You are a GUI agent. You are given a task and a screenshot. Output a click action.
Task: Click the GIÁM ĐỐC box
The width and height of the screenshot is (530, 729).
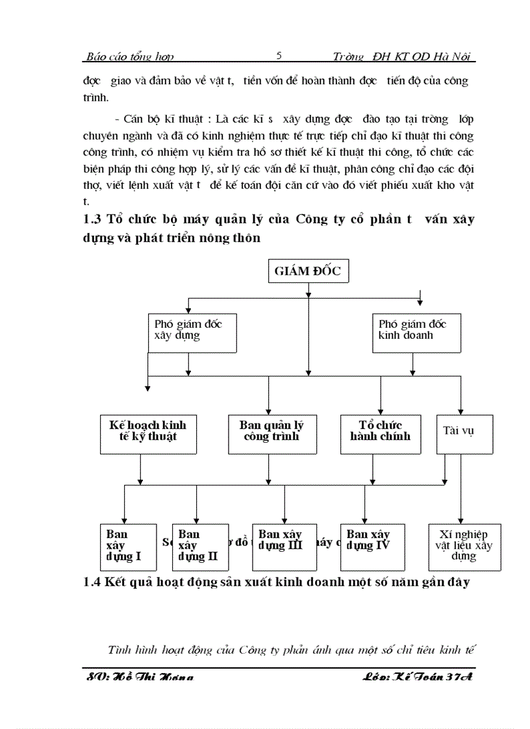coord(308,271)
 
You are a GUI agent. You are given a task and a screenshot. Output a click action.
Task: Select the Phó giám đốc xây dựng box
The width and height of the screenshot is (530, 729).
coord(192,333)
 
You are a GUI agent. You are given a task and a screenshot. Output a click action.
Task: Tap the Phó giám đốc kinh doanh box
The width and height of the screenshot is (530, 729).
coord(417,333)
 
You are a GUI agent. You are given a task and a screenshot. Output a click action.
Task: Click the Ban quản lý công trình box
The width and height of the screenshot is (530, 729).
coord(272,434)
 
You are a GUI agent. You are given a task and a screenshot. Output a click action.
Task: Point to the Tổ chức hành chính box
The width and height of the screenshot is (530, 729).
coord(380,434)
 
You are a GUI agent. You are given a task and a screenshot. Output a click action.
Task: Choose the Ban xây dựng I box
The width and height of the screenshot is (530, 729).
coord(128,547)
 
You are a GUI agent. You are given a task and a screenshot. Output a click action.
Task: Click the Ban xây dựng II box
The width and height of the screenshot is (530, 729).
coord(200,547)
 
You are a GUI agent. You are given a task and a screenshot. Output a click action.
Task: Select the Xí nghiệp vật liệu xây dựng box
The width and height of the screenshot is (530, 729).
coord(464,547)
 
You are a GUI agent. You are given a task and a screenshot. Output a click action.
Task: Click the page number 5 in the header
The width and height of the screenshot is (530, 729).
coord(279,56)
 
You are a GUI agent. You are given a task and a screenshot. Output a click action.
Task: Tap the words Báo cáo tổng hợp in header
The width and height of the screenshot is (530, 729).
coord(130,57)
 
